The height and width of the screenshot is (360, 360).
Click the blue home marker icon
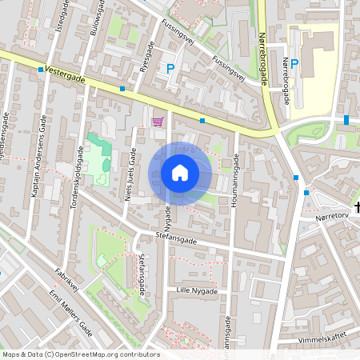tap(180, 173)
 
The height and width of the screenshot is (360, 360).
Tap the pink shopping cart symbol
tap(158, 122)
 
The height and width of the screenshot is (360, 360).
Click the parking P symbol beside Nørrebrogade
tap(294, 64)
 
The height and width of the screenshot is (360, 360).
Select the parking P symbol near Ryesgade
tap(170, 70)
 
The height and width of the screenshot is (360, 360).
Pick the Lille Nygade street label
tap(196, 291)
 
